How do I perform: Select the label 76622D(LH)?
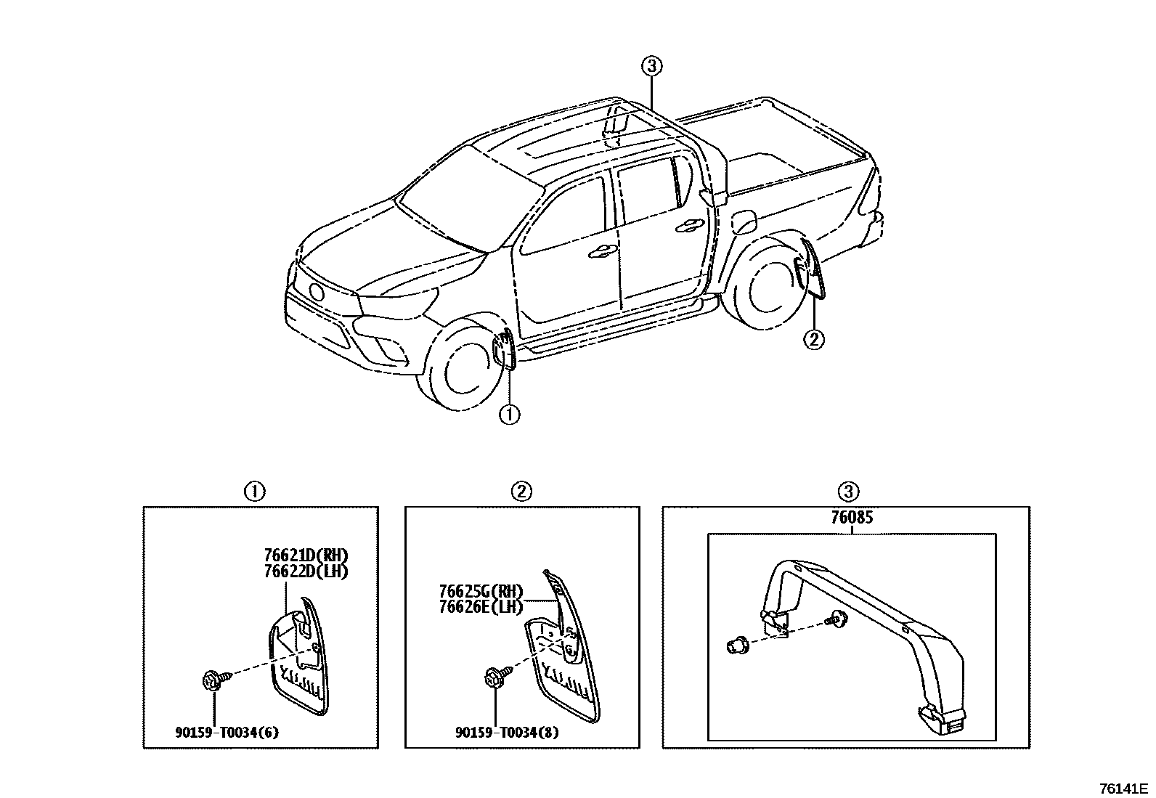(x=312, y=571)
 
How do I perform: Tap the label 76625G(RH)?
(x=481, y=592)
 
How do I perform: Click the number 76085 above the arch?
(x=852, y=518)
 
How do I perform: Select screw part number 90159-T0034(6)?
(x=227, y=732)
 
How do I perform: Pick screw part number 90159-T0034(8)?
(x=507, y=732)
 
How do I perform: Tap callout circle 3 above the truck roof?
(x=651, y=67)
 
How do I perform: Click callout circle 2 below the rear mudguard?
(x=814, y=339)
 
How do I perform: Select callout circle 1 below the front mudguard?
(x=510, y=415)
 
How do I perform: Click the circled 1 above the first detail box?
(x=253, y=492)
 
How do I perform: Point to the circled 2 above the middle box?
(x=521, y=492)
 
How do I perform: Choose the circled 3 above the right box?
(x=847, y=492)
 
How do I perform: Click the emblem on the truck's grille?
(x=317, y=292)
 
